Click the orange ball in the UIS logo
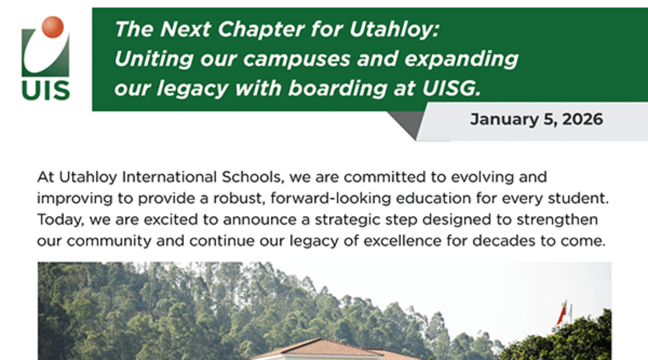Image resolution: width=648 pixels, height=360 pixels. (53, 27)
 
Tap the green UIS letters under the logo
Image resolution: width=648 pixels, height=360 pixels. (45, 90)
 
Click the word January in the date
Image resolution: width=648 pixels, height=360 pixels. (501, 120)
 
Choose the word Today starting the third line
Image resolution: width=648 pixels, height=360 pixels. (55, 220)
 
